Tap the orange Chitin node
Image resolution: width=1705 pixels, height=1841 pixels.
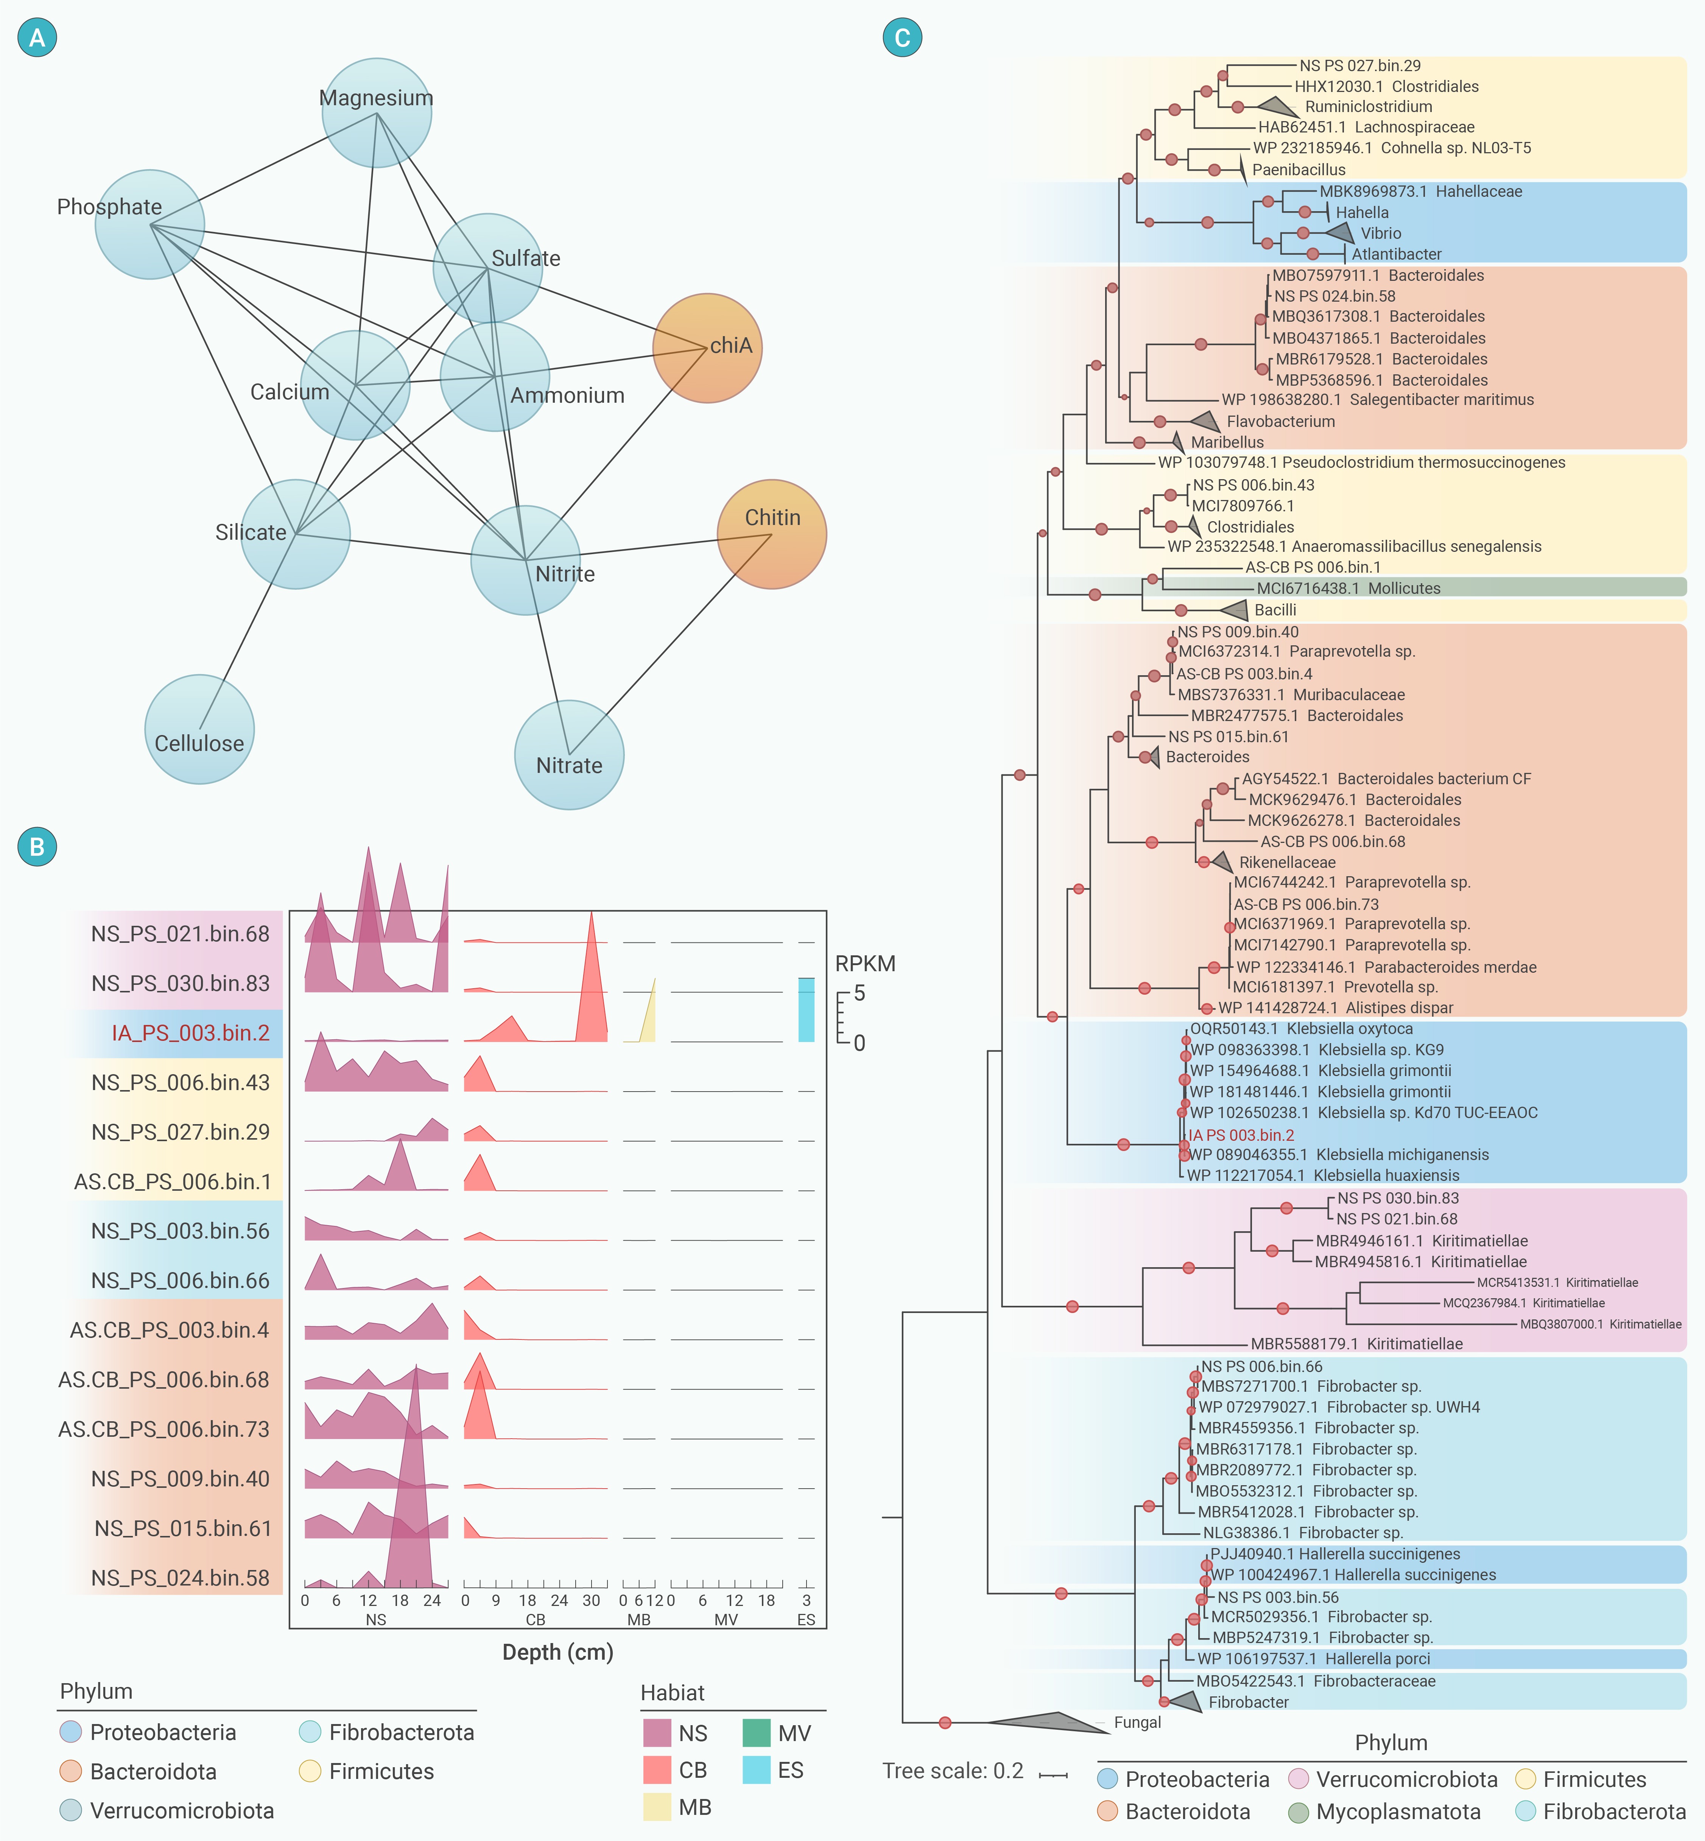(x=771, y=534)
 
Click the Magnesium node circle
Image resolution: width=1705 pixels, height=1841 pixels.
(x=377, y=112)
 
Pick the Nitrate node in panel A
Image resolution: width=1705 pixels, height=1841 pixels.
(x=569, y=755)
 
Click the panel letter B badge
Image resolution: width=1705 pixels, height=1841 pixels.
(x=37, y=846)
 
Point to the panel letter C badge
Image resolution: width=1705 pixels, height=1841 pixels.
(x=902, y=38)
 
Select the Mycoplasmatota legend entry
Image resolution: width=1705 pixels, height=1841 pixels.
(x=1384, y=1811)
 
